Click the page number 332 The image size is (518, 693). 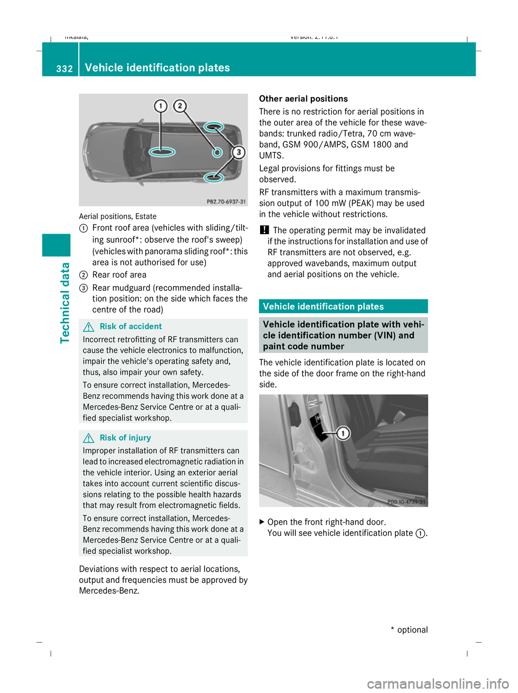pyautogui.click(x=64, y=69)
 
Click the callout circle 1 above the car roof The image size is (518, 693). pyautogui.click(x=160, y=106)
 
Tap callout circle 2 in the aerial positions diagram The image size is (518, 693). pyautogui.click(x=180, y=106)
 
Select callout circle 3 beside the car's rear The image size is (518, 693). pyautogui.click(x=238, y=152)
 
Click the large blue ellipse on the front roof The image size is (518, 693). pyautogui.click(x=161, y=152)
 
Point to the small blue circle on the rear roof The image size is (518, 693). pyautogui.click(x=216, y=153)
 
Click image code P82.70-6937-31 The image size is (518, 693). pyautogui.click(x=226, y=201)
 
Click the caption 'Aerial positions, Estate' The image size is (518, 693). pyautogui.click(x=118, y=216)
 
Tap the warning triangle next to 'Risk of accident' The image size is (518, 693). pyautogui.click(x=90, y=327)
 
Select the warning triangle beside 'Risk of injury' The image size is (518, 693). pyautogui.click(x=90, y=438)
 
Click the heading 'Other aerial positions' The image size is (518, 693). pyautogui.click(x=303, y=99)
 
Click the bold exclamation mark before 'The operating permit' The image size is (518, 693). pyautogui.click(x=264, y=230)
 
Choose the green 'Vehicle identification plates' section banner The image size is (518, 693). pyautogui.click(x=343, y=307)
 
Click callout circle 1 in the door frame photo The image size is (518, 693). pyautogui.click(x=343, y=433)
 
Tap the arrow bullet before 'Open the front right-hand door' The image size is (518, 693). pyautogui.click(x=262, y=522)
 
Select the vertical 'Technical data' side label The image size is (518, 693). pyautogui.click(x=65, y=302)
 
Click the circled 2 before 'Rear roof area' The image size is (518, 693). pyautogui.click(x=83, y=275)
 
